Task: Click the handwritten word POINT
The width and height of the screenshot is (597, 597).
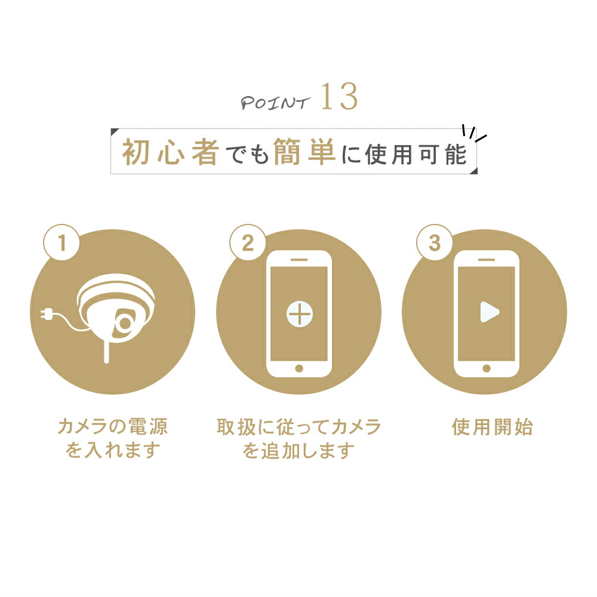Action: point(275,103)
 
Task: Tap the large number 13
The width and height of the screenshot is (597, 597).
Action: point(339,97)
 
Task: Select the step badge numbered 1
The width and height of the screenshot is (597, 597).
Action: point(61,242)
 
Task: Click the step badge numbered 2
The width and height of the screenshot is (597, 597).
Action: point(248,242)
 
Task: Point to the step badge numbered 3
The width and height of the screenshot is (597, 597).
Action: point(435,242)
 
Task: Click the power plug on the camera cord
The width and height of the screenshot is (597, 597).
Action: point(47,315)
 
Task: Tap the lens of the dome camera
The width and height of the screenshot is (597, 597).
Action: point(125,323)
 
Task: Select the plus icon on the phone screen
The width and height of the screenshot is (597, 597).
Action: point(300,315)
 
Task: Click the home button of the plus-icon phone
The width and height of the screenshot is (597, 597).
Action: point(299,368)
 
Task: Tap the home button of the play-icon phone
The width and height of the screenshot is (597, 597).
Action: point(486,368)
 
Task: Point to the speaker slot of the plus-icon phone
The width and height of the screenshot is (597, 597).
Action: point(299,260)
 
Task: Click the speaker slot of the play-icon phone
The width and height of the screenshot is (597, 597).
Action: point(486,260)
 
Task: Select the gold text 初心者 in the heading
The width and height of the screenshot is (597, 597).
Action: point(171,152)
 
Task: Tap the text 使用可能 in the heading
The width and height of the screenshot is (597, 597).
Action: point(416,155)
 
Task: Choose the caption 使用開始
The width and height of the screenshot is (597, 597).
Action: point(493,427)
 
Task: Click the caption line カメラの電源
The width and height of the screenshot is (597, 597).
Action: point(113,426)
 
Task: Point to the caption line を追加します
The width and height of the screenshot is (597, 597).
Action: point(298,450)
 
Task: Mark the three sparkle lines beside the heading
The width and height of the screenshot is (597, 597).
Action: point(474,133)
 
